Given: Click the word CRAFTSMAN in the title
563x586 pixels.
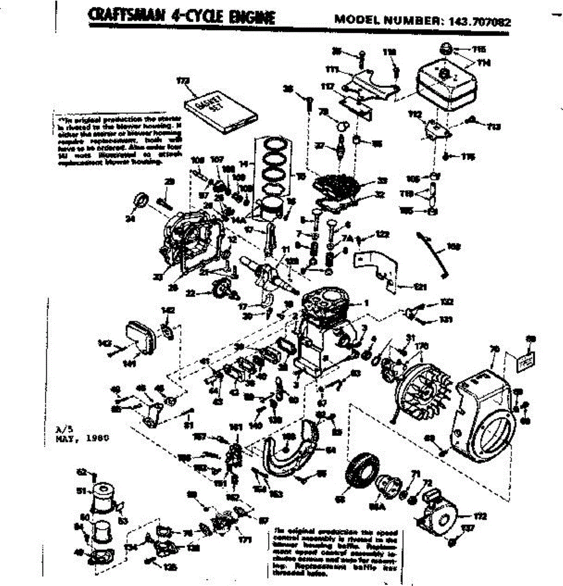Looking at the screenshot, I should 126,17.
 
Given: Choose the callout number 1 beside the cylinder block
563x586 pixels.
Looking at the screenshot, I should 366,303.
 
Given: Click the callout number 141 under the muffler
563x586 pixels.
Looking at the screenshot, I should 130,363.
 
